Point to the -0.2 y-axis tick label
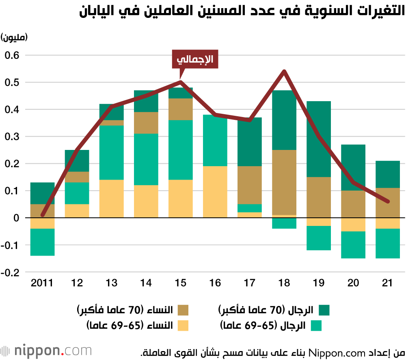pyautogui.click(x=11, y=272)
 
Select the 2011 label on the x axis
pyautogui.click(x=42, y=283)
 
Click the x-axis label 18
pyautogui.click(x=284, y=283)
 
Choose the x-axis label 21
pyautogui.click(x=388, y=283)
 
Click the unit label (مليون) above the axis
pyautogui.click(x=14, y=37)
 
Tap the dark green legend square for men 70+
pyautogui.click(x=324, y=310)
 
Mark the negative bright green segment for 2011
pyautogui.click(x=42, y=242)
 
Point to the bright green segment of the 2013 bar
pyautogui.click(x=111, y=152)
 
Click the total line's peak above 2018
pyautogui.click(x=284, y=72)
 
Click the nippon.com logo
pyautogui.click(x=46, y=350)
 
